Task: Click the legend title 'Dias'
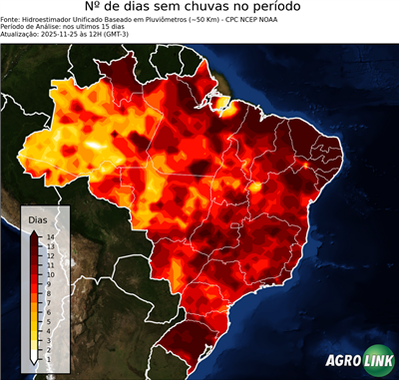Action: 38,217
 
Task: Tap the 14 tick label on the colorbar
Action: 49,236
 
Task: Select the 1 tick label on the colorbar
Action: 48,344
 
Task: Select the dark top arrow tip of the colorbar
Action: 34,232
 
